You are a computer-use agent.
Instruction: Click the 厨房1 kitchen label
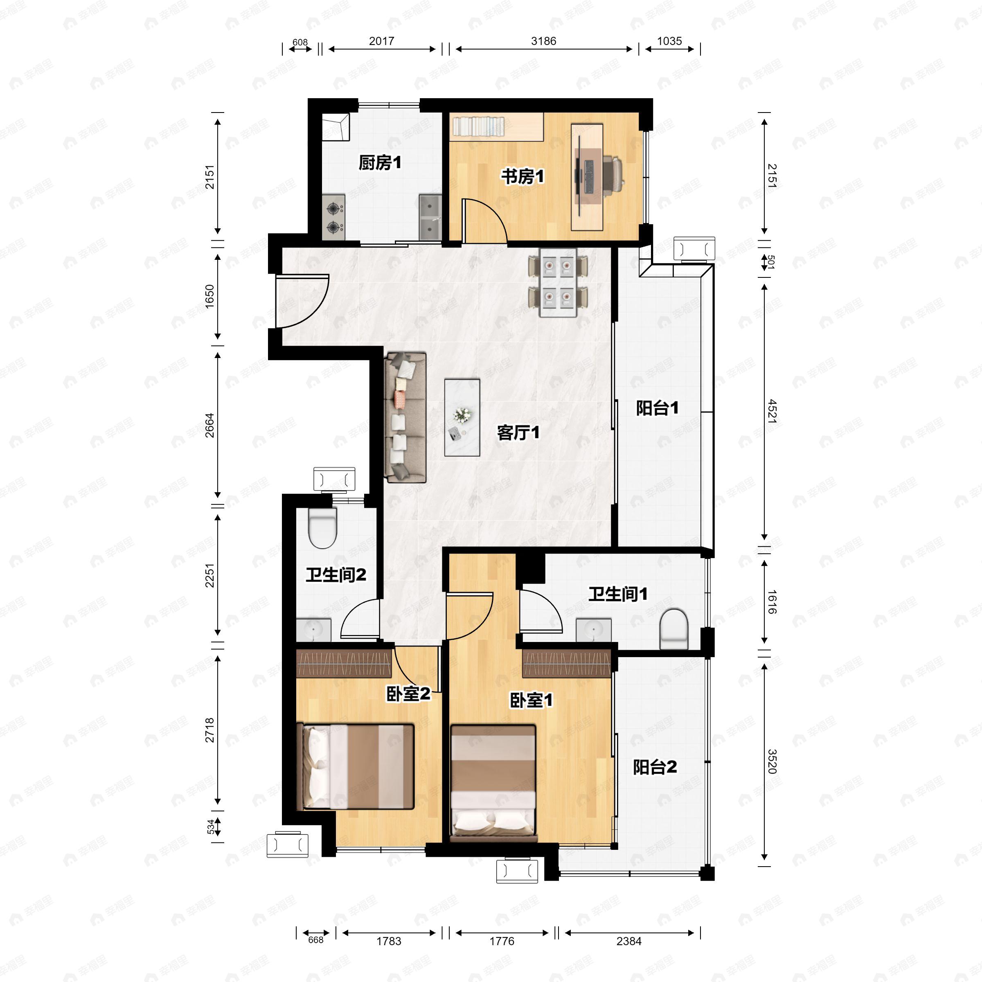click(380, 163)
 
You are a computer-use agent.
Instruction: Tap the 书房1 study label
click(523, 177)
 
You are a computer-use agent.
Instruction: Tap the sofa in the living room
click(405, 417)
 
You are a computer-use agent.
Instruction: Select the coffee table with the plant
click(462, 417)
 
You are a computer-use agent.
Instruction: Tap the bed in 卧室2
click(356, 766)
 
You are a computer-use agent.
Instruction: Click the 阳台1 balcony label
click(657, 408)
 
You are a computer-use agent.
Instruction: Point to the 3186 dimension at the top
click(543, 41)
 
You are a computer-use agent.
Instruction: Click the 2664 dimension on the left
click(209, 426)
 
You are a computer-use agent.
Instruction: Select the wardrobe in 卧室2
click(344, 663)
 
